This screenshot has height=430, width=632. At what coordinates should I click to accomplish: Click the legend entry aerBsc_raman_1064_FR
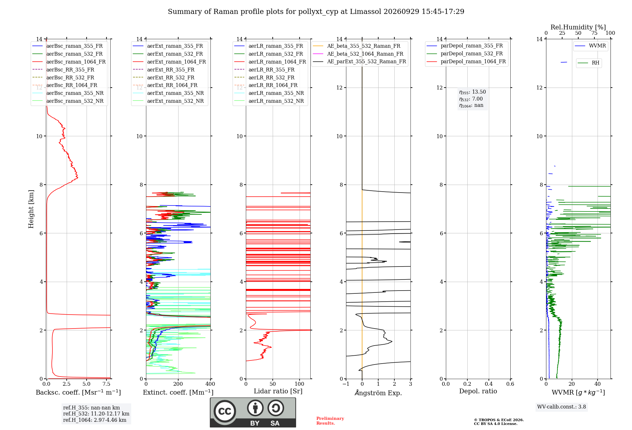point(69,62)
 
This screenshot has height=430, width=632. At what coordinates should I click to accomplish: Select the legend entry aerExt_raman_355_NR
point(168,93)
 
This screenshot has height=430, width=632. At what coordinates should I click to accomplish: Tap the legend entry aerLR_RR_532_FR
point(264,77)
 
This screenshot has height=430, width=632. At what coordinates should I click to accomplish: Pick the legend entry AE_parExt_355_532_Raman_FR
point(360,61)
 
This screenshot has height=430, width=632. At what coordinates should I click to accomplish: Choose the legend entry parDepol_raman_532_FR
point(465,53)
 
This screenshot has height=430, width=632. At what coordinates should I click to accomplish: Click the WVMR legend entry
point(590,46)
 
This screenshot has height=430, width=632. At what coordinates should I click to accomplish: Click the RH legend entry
point(588,63)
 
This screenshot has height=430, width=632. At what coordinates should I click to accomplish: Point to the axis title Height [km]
point(31,209)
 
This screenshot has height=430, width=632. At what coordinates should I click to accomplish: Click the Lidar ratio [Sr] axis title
point(278,391)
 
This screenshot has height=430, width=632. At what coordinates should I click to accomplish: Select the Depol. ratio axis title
point(478,391)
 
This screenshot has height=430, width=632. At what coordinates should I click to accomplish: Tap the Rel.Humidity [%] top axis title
point(578,27)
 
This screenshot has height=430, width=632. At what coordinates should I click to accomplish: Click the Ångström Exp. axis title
point(378,393)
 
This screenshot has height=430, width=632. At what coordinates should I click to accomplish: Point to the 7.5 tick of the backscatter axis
point(106,384)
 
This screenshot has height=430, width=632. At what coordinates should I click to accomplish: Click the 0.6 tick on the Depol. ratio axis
point(510,384)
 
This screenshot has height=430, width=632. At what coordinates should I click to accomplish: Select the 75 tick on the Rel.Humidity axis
point(594,33)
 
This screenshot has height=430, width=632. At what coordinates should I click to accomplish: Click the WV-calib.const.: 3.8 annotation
point(562,407)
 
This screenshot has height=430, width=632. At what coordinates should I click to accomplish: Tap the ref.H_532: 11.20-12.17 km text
point(96,414)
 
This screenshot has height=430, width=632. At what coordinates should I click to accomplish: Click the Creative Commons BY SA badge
point(253,413)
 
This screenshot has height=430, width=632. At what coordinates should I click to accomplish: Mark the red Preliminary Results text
point(330,421)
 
